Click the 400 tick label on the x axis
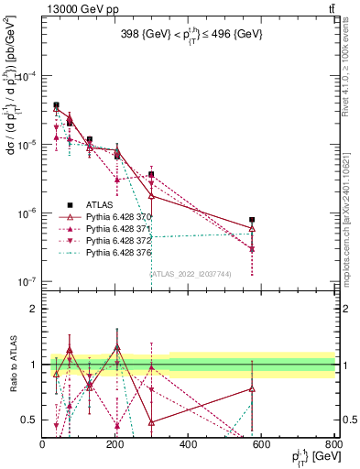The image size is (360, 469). click(x=188, y=444)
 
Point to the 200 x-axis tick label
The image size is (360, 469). click(x=115, y=444)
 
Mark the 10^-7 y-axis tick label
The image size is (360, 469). click(x=25, y=282)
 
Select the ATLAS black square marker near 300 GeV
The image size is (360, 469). click(x=152, y=174)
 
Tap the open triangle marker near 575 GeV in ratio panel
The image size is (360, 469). click(x=252, y=388)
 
